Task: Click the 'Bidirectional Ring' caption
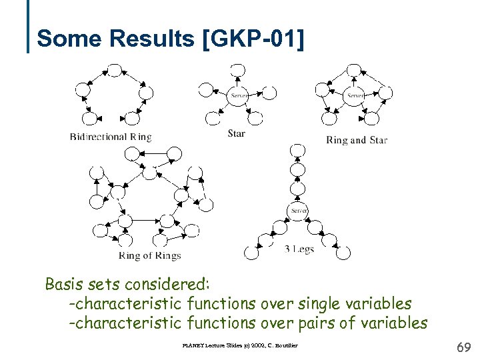click(x=111, y=137)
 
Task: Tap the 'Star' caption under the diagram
click(x=236, y=133)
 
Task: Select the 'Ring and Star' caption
click(x=357, y=140)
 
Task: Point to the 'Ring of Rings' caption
click(x=149, y=255)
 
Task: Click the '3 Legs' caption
click(x=299, y=249)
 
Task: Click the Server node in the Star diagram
click(x=238, y=95)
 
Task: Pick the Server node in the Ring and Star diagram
click(x=354, y=95)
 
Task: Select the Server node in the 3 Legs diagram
click(x=298, y=211)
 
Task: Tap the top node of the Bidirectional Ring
click(x=114, y=70)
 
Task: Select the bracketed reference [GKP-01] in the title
click(x=252, y=39)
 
